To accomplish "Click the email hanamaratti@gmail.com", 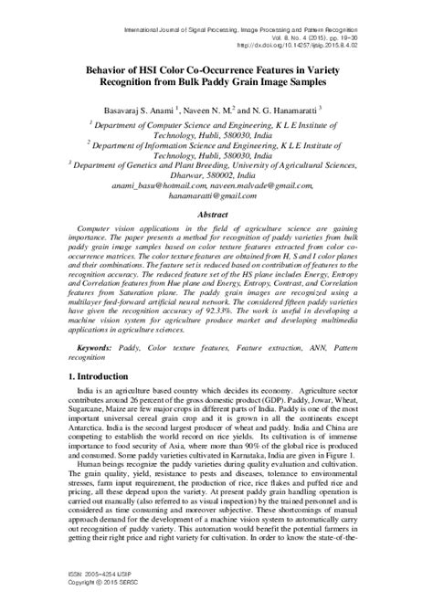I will pyautogui.click(x=216, y=195).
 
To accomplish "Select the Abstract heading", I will pyautogui.click(x=216, y=214).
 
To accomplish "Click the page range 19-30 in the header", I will pyautogui.click(x=382, y=32).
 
